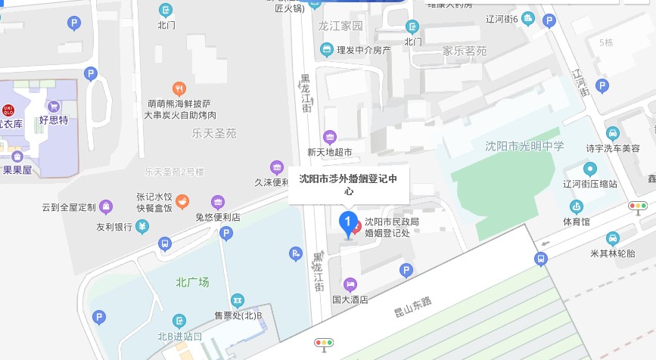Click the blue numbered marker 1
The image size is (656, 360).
348,223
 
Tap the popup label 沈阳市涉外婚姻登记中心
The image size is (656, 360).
349,185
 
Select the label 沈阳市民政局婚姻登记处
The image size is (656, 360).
392,228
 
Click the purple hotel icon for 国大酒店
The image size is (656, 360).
350,284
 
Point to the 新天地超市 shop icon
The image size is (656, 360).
330,137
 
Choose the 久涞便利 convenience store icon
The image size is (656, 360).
276,167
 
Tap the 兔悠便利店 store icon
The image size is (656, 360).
218,202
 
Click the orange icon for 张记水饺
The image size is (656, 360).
183,202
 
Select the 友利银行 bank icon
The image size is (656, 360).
142,226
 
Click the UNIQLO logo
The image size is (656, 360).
8,109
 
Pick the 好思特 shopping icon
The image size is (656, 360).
54,107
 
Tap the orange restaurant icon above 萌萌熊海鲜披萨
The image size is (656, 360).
179,88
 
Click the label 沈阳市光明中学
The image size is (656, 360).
524,146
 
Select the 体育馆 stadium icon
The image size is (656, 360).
577,206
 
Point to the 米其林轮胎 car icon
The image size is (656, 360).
613,238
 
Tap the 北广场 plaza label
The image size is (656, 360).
192,282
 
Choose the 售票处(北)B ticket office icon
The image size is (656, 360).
238,300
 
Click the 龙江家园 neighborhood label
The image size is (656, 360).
340,26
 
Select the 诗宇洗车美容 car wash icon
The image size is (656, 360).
613,132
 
